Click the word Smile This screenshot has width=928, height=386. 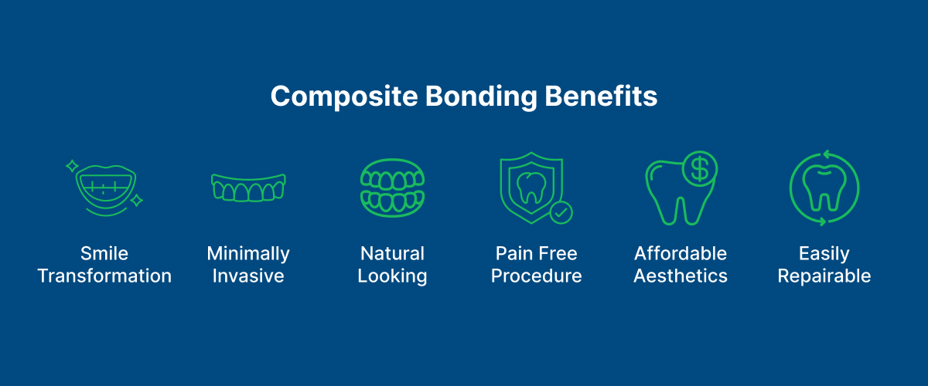(104, 253)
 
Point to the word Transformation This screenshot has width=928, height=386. (104, 276)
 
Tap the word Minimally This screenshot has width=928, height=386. (248, 253)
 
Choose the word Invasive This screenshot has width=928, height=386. (248, 276)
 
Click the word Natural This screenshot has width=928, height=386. (392, 253)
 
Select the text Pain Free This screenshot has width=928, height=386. (537, 253)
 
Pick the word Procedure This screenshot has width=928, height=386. (537, 276)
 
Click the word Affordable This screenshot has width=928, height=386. (681, 253)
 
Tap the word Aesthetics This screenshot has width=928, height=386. (681, 276)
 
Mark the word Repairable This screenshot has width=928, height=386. (824, 276)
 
